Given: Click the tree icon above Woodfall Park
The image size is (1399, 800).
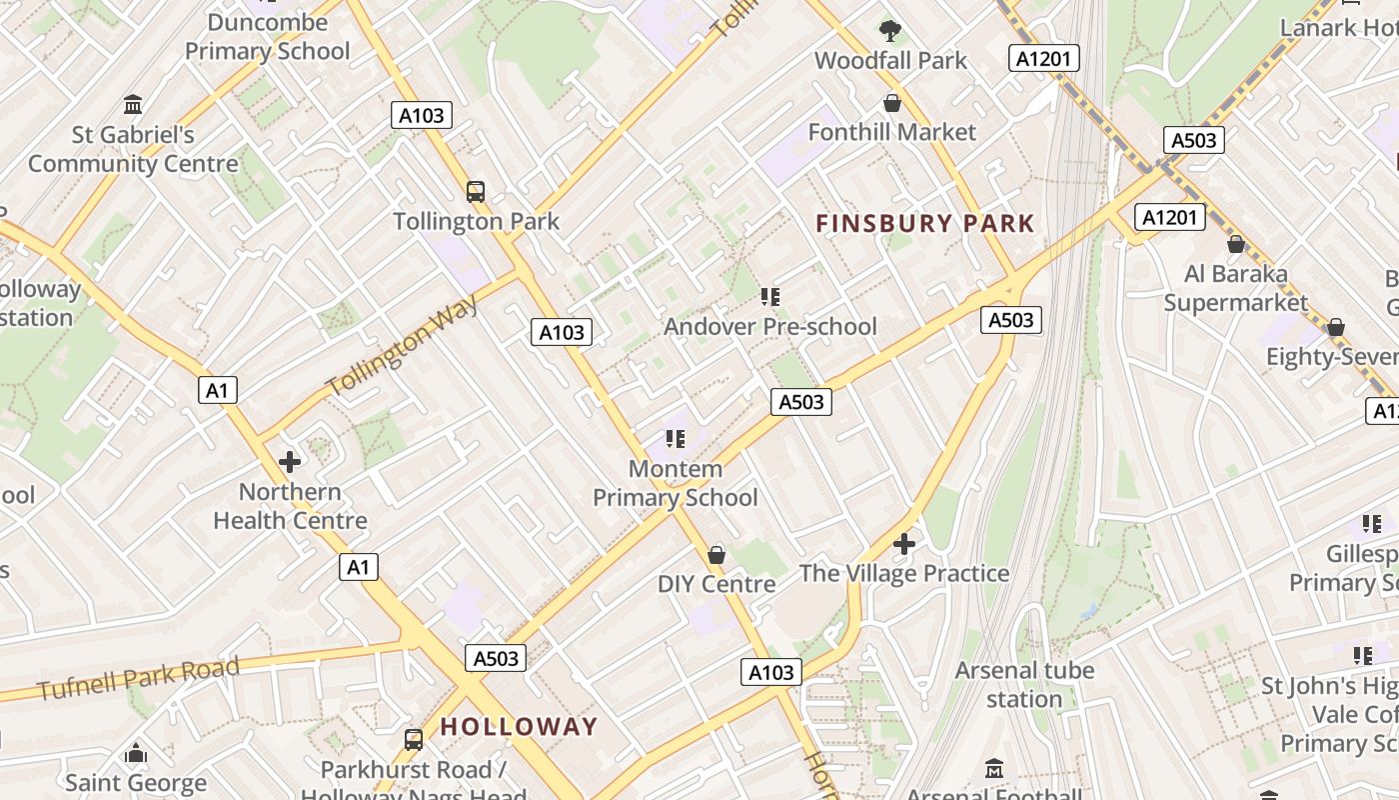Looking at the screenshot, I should click(890, 31).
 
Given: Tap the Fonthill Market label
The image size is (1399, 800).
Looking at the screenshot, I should click(891, 132).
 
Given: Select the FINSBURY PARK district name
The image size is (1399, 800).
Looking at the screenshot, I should click(924, 223).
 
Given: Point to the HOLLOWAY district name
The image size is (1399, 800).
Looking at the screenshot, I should click(519, 727).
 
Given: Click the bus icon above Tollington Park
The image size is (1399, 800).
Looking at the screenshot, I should click(476, 192).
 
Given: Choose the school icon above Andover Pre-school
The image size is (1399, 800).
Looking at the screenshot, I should click(769, 297).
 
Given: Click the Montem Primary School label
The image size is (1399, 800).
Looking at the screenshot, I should click(676, 483).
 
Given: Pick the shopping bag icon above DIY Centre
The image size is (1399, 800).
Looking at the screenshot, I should click(716, 555).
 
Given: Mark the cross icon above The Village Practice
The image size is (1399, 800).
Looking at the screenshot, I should click(904, 544).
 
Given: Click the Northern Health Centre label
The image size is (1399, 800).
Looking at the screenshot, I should click(290, 506).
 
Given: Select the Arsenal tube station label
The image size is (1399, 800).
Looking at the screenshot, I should click(1024, 684).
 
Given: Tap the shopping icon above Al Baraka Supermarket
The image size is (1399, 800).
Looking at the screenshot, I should click(1236, 244).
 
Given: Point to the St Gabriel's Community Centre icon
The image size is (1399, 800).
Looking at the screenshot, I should click(133, 105).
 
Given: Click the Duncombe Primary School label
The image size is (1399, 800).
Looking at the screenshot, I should click(268, 37).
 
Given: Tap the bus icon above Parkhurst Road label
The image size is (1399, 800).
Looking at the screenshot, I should click(414, 740).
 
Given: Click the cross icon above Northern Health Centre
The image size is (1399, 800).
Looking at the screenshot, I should click(290, 462).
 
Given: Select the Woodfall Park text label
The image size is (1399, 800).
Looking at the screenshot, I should click(890, 61).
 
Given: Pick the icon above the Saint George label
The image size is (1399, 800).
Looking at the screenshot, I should click(136, 753).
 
